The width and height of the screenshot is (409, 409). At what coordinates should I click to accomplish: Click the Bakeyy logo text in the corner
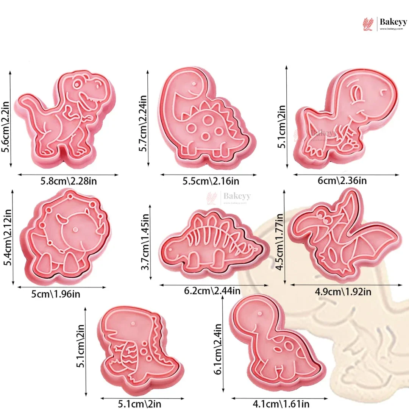coord(393,22)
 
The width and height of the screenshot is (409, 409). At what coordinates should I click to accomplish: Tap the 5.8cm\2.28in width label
coord(69,181)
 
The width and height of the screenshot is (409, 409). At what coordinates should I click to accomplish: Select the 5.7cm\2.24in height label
coord(143,123)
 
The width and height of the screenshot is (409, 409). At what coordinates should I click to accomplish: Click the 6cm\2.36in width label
coord(342,181)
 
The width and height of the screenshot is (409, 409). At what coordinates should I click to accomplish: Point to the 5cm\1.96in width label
coord(56,294)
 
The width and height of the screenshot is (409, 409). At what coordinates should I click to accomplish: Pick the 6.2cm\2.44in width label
coord(212,290)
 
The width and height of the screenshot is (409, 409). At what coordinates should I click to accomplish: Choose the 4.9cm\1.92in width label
coord(343,292)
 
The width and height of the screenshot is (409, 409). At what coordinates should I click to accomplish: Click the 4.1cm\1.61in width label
coord(281,404)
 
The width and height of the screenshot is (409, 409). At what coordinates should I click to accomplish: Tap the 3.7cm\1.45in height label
coord(145,242)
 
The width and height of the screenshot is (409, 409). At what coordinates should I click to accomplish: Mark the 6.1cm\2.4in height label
coord(218,349)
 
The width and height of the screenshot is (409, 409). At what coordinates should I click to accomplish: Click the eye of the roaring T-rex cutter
coord(77,84)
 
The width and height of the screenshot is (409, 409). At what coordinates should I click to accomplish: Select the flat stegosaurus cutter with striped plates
coord(214,244)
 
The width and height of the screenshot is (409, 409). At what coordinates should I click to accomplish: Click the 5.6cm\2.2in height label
coord(5,127)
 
